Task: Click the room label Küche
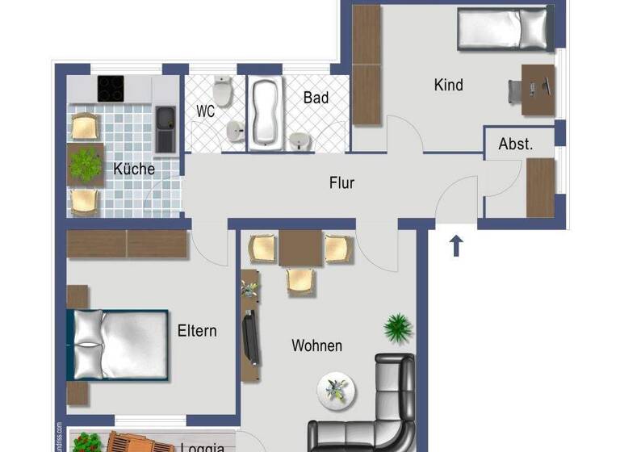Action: [134, 169]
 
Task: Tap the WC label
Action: [206, 112]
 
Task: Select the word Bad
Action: [316, 98]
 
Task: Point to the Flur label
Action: [342, 183]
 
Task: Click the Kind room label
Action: [449, 85]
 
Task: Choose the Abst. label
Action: [516, 144]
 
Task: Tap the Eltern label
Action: [197, 331]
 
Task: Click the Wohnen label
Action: [316, 345]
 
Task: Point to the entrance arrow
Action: [456, 245]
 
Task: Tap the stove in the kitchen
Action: [111, 88]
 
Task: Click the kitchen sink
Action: [166, 129]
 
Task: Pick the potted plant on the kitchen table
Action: [86, 165]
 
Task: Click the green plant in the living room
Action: [397, 328]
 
